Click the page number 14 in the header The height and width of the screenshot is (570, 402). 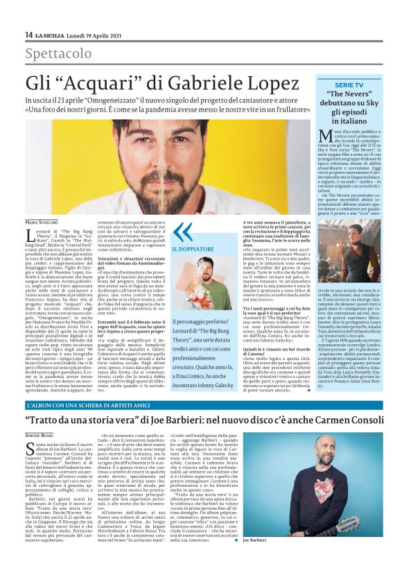pos(28,34)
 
